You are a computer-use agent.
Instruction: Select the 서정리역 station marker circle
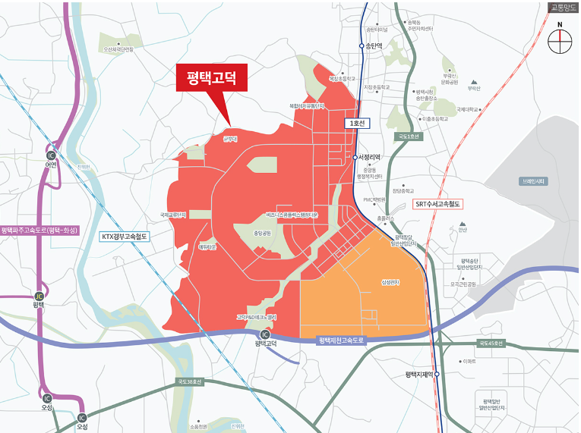(x=355, y=157)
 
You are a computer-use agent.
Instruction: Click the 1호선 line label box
(x=355, y=123)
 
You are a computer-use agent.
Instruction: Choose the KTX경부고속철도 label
(x=127, y=237)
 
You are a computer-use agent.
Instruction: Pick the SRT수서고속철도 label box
(x=437, y=205)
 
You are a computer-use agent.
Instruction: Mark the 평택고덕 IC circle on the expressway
(x=264, y=334)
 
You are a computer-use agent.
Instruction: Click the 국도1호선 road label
(x=407, y=136)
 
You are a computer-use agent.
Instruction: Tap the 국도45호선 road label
(x=490, y=344)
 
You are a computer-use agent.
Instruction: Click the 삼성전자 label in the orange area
(x=390, y=283)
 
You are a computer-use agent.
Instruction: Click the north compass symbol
(x=560, y=42)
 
